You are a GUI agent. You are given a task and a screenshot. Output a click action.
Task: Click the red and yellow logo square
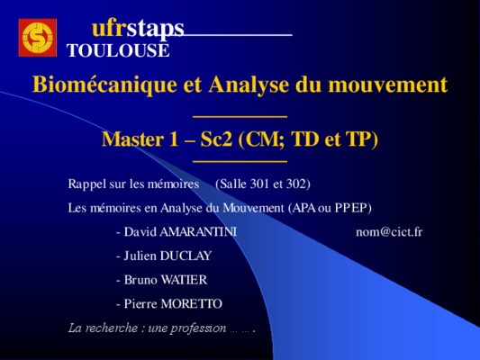coord(38,38)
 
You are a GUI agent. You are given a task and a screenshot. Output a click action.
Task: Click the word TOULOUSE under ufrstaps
coord(118,50)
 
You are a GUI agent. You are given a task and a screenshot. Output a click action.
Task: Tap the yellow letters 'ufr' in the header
coord(109,29)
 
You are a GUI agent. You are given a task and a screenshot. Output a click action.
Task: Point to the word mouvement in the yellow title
coord(388,85)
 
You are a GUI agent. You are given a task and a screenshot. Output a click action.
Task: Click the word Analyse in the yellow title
coord(249,85)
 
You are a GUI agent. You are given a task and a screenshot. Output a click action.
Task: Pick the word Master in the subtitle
coord(132,139)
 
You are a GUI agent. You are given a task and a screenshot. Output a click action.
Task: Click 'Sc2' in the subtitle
coord(216,139)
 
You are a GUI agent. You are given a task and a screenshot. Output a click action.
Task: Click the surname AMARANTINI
coord(198,232)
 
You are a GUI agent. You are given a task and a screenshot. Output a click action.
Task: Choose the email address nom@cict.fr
coord(389,232)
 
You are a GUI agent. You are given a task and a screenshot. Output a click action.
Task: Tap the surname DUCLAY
coord(186,256)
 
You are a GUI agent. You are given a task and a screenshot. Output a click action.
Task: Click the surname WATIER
coord(184,280)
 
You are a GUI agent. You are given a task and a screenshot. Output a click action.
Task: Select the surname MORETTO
coord(191,303)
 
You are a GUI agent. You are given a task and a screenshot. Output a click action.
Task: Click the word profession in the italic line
coord(198,328)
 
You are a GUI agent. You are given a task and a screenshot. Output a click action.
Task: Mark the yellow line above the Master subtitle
coord(240,117)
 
